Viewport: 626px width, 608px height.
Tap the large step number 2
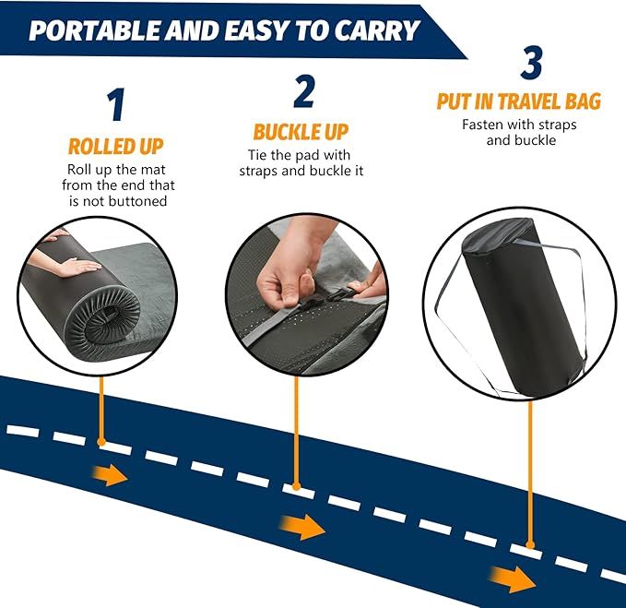(303, 91)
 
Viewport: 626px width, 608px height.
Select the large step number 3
(531, 62)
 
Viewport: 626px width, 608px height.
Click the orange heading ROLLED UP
(115, 146)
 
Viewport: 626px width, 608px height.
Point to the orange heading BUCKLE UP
(301, 131)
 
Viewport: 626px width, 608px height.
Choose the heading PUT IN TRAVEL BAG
(518, 101)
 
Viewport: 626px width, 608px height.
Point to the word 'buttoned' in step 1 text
(138, 200)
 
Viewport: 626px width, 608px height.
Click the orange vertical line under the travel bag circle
(529, 471)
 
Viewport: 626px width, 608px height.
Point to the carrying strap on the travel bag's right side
(579, 304)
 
